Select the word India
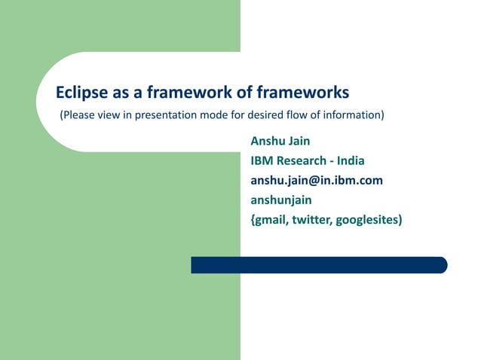pos(351,160)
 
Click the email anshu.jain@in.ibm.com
pos(317,180)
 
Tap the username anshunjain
pos(281,200)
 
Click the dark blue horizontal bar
pos(317,265)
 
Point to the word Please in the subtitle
pos(78,115)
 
